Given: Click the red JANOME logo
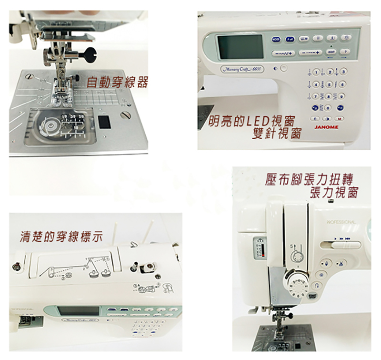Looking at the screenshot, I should (x=326, y=127).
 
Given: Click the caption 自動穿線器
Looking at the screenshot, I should (x=117, y=82).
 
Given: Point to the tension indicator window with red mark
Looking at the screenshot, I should (x=259, y=248).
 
